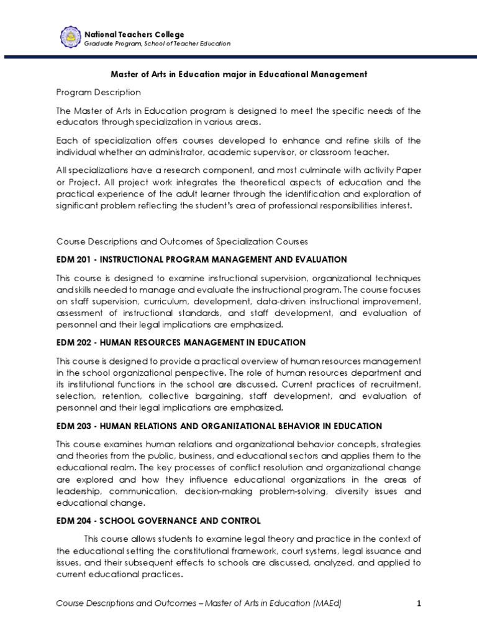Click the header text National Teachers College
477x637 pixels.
(134, 34)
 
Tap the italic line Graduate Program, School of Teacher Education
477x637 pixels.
(157, 44)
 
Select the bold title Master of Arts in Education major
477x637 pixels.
(238, 74)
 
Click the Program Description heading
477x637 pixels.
(98, 92)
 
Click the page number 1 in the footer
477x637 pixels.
(419, 603)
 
